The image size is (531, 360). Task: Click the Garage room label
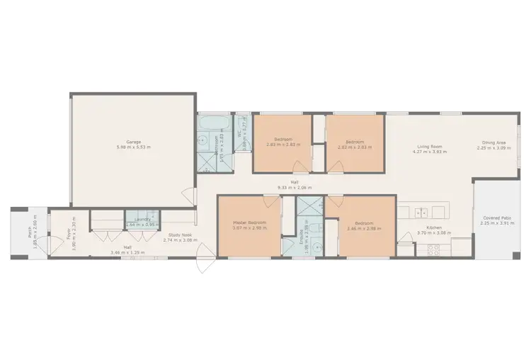tap(134, 142)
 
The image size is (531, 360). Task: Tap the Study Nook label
tap(178, 235)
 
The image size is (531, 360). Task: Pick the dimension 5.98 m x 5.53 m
tap(134, 147)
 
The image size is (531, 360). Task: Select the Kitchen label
tap(429, 228)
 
